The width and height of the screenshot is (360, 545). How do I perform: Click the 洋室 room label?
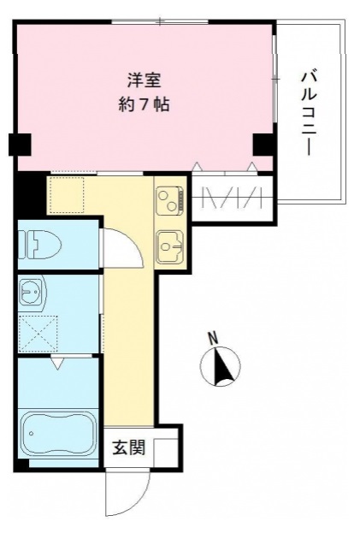[x=145, y=80]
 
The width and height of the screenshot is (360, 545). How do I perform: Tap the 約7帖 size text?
[x=145, y=104]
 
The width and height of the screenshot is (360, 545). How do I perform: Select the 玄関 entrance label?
[x=128, y=447]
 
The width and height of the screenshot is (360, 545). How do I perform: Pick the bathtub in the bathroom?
[x=59, y=433]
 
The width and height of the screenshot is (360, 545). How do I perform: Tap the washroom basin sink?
[x=32, y=291]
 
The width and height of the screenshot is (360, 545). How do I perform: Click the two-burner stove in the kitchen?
[x=169, y=200]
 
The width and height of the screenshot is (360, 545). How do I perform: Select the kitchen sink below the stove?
[x=169, y=246]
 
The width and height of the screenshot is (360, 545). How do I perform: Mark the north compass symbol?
[x=221, y=366]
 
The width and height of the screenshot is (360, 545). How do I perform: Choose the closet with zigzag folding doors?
[x=232, y=198]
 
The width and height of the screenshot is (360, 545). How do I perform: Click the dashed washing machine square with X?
[x=38, y=334]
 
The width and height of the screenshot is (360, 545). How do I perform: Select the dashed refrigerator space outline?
[x=66, y=195]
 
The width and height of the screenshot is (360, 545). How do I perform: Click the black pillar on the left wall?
[x=20, y=145]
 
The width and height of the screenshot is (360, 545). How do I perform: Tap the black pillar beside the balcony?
[x=263, y=145]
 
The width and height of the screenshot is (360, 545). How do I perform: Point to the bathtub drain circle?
[x=32, y=433]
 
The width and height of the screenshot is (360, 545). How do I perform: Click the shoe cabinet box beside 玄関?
[x=166, y=453]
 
